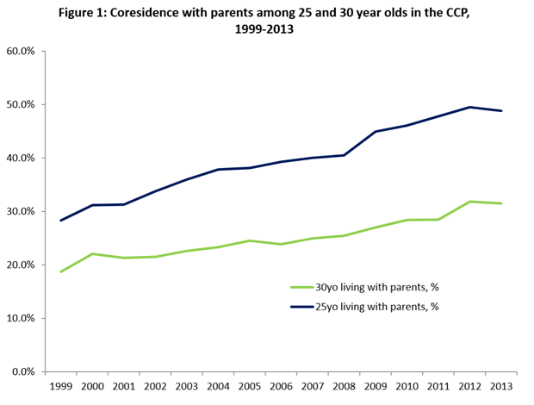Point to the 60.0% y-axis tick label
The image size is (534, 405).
(x=20, y=51)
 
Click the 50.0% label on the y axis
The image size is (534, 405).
(x=20, y=104)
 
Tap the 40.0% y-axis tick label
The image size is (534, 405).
(x=20, y=158)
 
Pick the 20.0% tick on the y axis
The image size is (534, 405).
(x=20, y=265)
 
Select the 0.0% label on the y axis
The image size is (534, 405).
(x=22, y=371)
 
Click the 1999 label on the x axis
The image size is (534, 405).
(x=60, y=388)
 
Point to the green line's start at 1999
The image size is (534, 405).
(x=60, y=271)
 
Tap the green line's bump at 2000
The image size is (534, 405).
(x=92, y=253)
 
